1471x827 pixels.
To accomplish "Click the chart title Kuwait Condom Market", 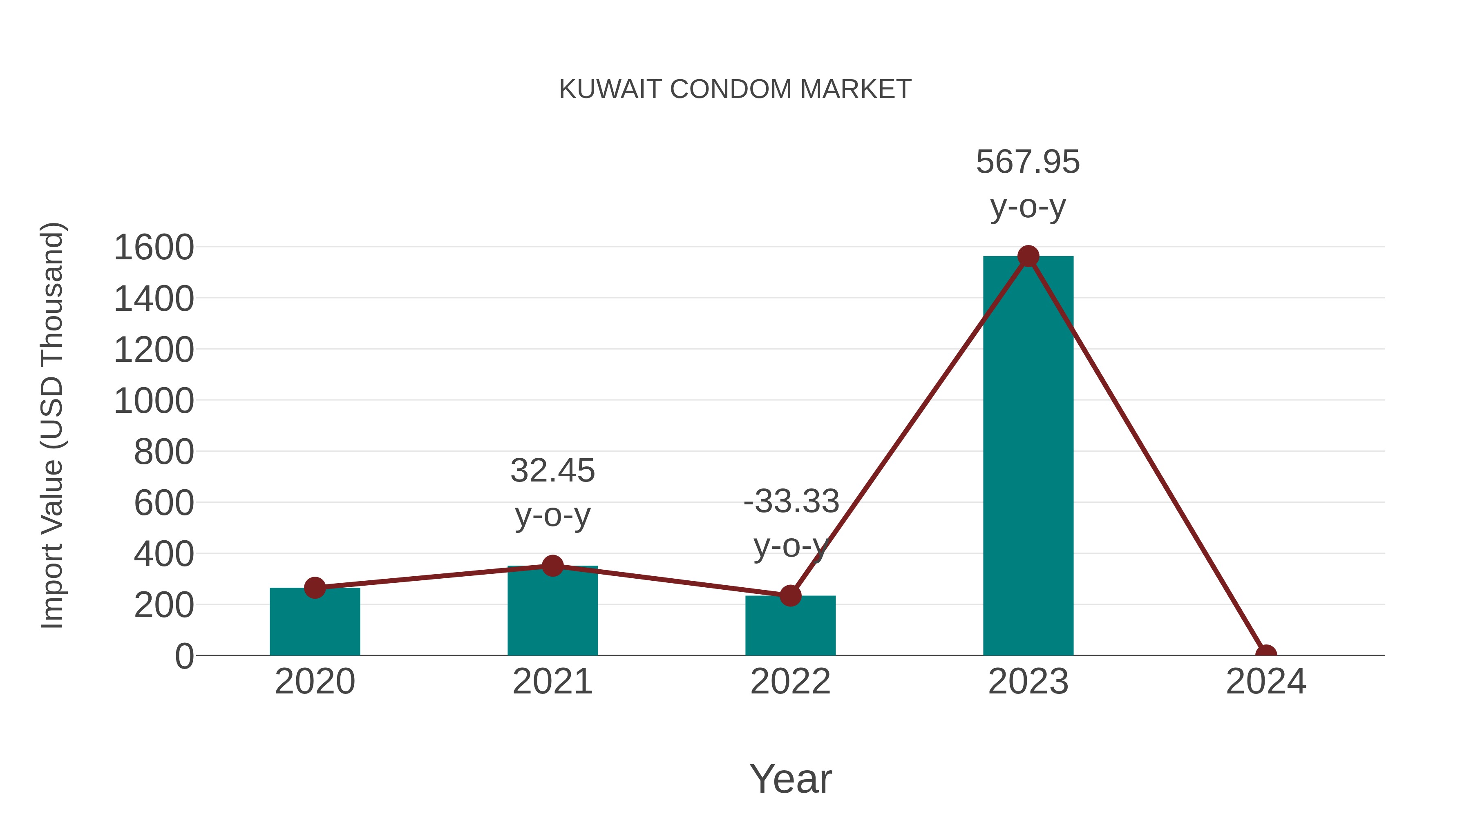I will [x=735, y=89].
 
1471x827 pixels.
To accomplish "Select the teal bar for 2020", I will [x=315, y=622].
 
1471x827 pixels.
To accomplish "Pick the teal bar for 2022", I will [x=790, y=626].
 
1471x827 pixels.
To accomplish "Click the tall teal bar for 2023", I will [x=1028, y=457].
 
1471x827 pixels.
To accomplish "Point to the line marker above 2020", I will [x=315, y=587].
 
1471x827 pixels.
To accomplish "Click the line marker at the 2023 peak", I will [x=1028, y=256].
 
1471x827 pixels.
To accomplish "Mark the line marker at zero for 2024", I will [x=1265, y=654].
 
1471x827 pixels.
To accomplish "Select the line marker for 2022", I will [x=790, y=595].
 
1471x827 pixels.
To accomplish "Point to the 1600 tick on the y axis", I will [x=154, y=248].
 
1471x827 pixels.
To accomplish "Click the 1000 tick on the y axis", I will [x=154, y=401].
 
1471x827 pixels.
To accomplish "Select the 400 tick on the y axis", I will [x=164, y=554].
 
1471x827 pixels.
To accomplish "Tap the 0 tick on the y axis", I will [x=184, y=656].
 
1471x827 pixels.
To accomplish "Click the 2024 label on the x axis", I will [x=1265, y=682].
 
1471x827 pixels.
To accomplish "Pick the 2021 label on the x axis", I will [x=552, y=682].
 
